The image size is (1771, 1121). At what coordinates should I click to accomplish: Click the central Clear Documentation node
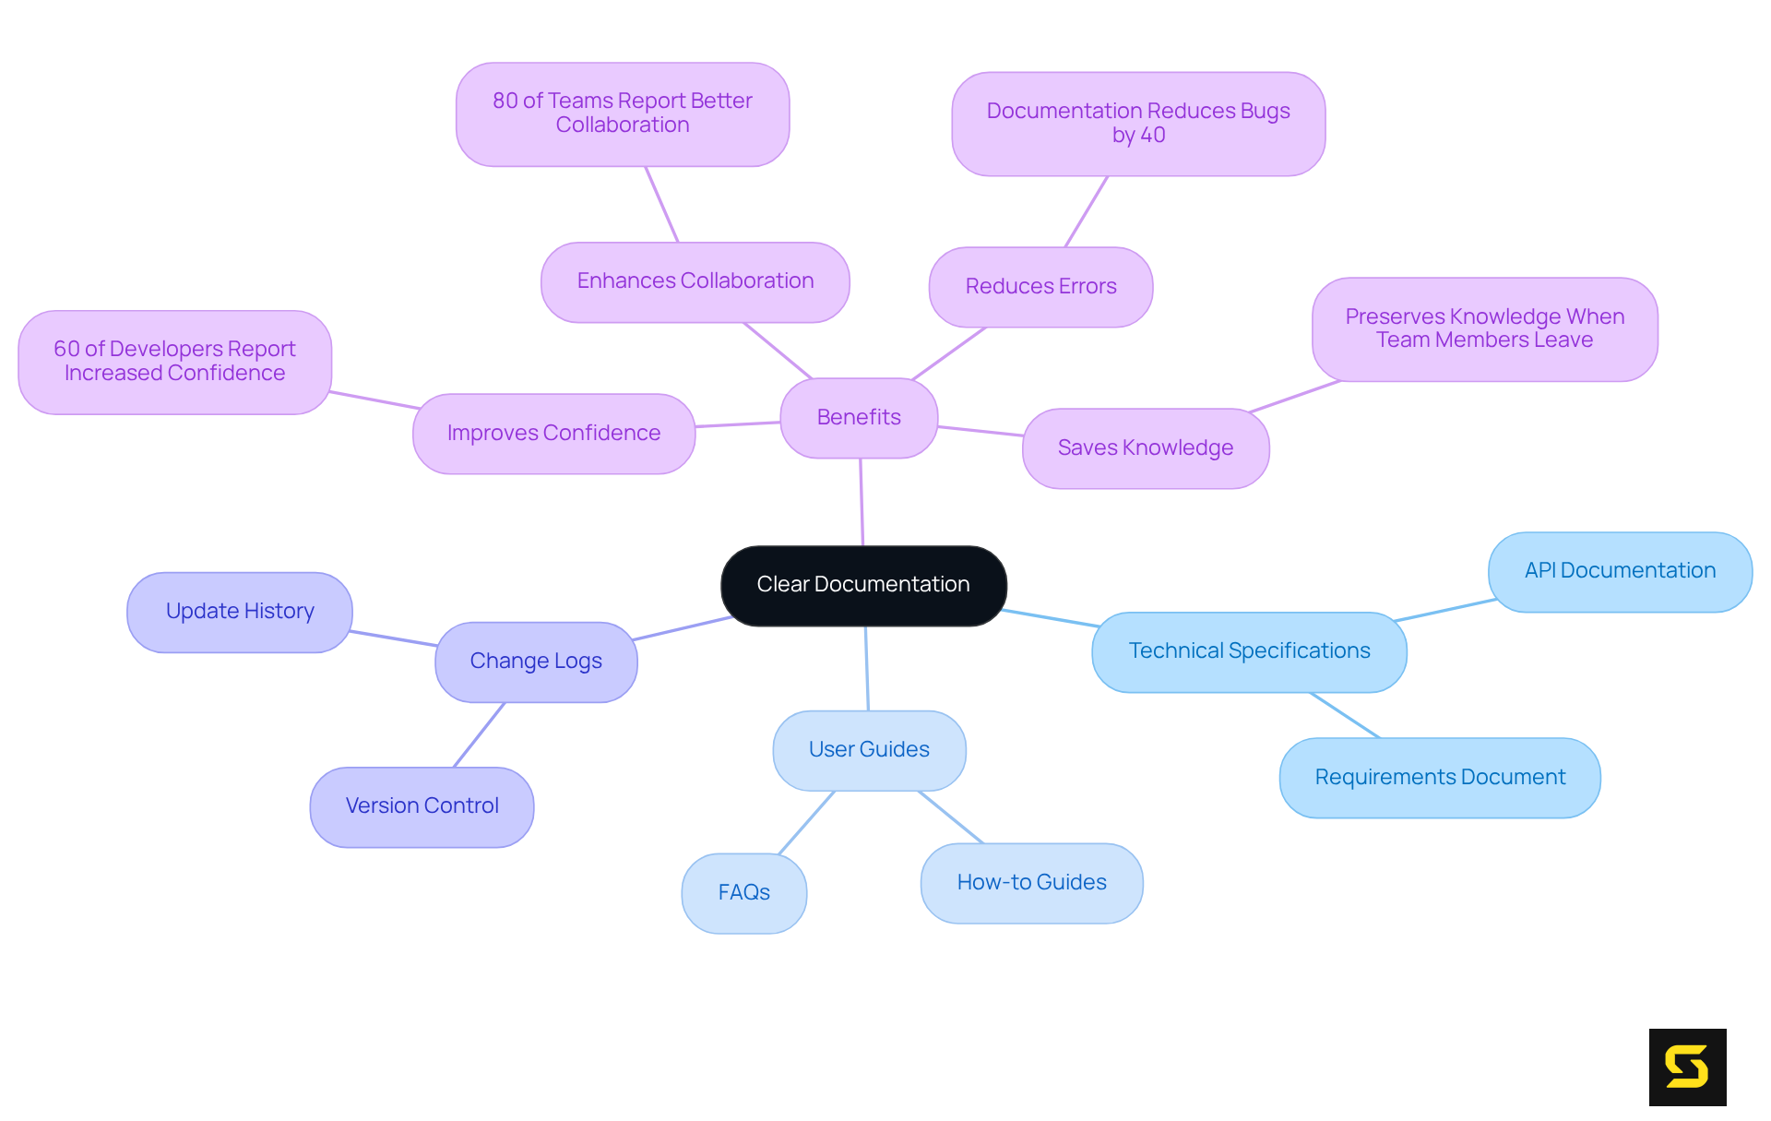[x=863, y=585]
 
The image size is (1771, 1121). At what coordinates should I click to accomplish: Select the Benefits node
[x=859, y=417]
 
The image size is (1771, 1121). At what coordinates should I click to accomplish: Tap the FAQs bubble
[x=743, y=892]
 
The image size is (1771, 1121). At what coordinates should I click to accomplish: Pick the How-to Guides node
[x=1031, y=882]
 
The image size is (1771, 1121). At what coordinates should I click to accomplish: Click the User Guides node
[x=869, y=749]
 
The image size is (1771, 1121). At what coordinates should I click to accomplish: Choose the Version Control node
[x=422, y=805]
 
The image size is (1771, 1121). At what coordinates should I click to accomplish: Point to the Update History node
[x=240, y=611]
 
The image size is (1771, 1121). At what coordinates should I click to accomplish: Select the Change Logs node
[x=536, y=661]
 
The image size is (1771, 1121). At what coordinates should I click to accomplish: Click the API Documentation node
[x=1620, y=570]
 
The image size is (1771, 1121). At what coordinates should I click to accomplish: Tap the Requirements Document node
[x=1440, y=777]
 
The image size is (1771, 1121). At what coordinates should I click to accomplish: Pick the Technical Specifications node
[x=1249, y=650]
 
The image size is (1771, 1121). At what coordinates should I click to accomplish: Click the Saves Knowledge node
[x=1145, y=447]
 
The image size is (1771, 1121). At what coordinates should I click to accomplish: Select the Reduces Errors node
[x=1040, y=286]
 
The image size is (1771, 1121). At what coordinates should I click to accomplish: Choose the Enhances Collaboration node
[x=695, y=280]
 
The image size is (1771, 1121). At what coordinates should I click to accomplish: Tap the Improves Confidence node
[x=553, y=433]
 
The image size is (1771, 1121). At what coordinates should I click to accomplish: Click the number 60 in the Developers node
[x=66, y=349]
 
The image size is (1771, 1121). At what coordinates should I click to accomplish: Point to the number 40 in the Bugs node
[x=1152, y=136]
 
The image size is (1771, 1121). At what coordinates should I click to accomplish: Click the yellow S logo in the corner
[x=1687, y=1067]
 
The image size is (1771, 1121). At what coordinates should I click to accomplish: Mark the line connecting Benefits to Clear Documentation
[x=862, y=502]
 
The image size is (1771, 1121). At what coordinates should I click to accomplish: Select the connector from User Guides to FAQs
[x=806, y=823]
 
